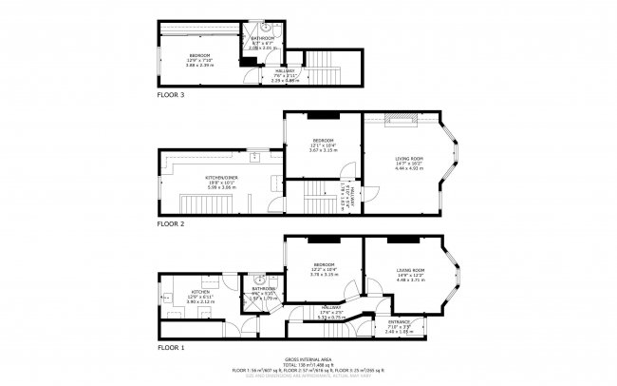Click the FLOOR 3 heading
[x=171, y=96]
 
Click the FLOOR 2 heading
[x=171, y=224]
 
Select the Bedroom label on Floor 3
[x=199, y=55]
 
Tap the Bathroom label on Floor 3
[x=263, y=38]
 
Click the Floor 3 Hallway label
[x=258, y=71]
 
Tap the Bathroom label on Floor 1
[x=263, y=288]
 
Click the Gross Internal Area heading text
[x=308, y=360]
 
